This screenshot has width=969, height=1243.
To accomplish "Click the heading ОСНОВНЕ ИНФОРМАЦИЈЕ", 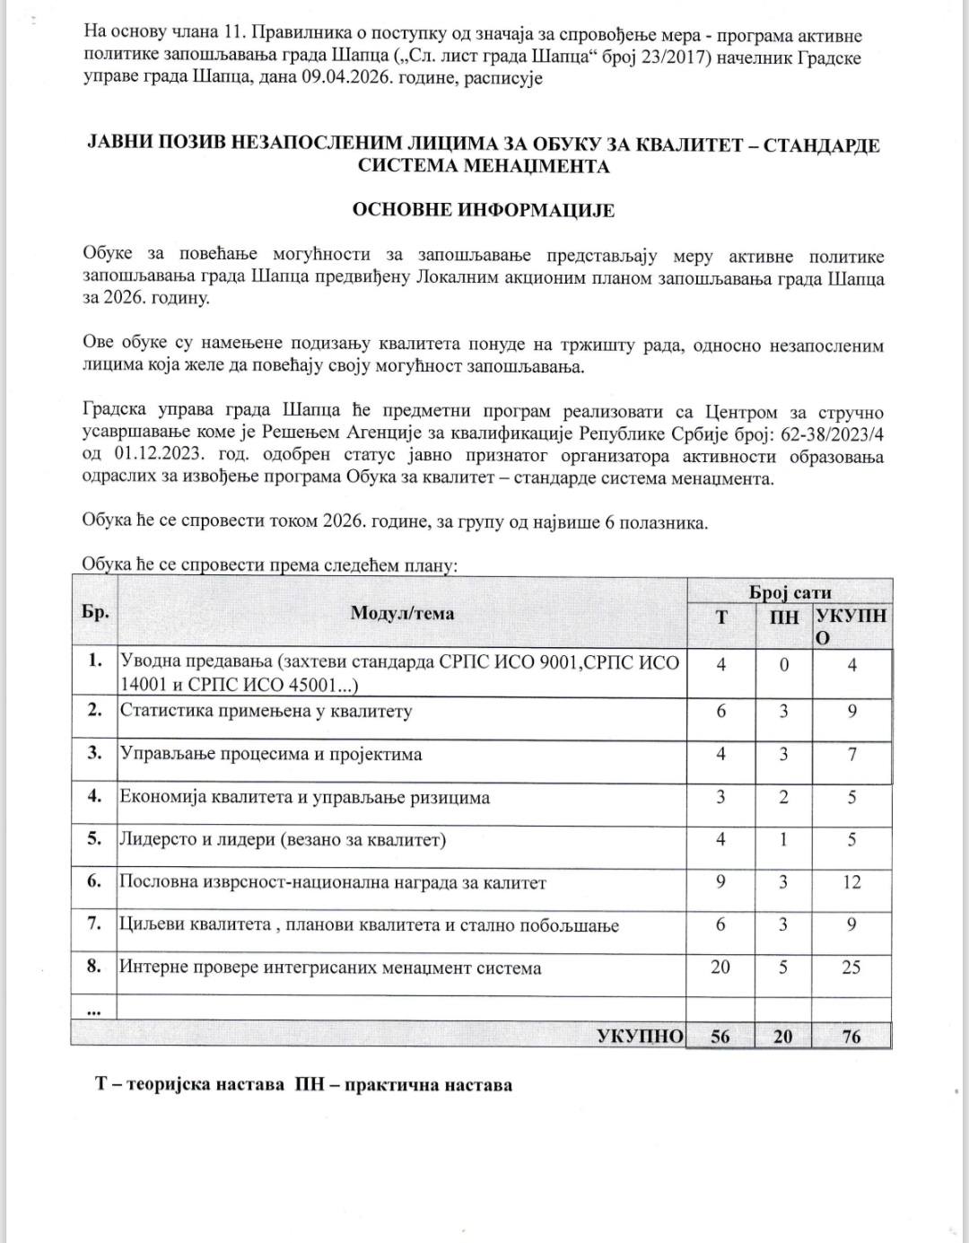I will (484, 210).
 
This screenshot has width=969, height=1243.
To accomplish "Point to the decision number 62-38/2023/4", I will (830, 435).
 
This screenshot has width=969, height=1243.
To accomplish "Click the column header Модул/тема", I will (402, 614).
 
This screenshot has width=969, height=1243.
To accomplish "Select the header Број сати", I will (790, 592).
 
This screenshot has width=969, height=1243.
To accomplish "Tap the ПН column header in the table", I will (784, 617).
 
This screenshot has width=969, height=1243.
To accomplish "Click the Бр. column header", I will (94, 614).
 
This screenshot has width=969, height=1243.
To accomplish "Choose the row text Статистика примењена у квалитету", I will (266, 712).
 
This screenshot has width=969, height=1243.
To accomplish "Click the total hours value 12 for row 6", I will (851, 882).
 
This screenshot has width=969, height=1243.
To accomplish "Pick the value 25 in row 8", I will (851, 967).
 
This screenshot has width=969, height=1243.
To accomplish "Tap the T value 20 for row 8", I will (720, 967).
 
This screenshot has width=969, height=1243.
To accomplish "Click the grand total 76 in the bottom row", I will (851, 1037).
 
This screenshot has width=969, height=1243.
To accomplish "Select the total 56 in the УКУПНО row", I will (720, 1037).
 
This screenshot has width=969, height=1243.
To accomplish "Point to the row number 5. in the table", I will (94, 840).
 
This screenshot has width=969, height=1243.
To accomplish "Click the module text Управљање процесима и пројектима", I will (270, 754).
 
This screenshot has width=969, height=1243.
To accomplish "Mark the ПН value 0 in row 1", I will (783, 666).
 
